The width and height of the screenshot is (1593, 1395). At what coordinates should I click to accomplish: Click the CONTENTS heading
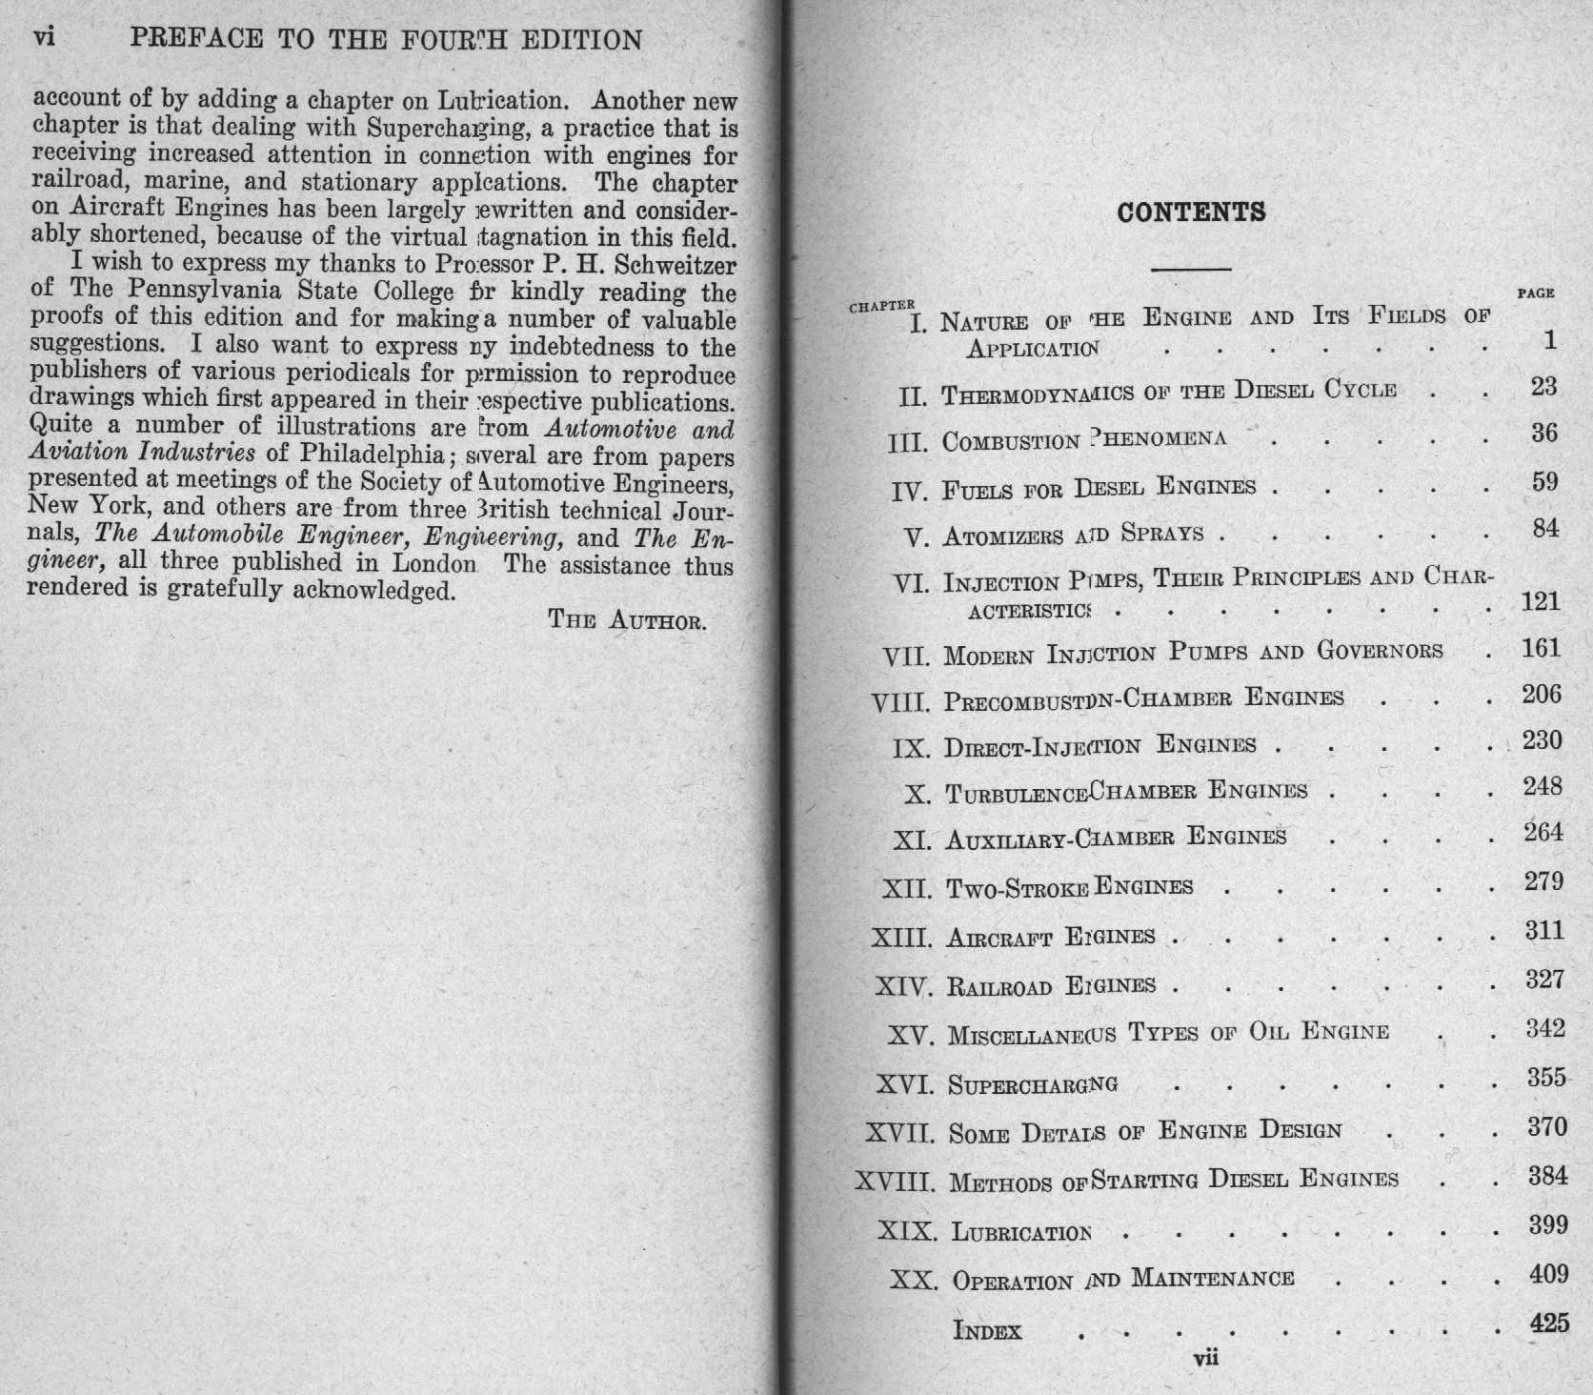tap(1191, 212)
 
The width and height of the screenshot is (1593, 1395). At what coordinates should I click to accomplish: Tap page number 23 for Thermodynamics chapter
tap(1543, 386)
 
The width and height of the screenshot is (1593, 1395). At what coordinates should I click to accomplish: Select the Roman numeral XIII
tap(901, 938)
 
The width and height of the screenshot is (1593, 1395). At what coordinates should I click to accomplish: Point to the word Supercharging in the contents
tap(1033, 1084)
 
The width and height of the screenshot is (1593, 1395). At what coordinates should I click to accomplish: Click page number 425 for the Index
tap(1548, 1323)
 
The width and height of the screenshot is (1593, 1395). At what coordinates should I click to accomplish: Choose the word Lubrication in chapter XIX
tap(1021, 1232)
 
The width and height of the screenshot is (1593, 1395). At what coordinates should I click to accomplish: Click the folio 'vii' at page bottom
tap(1205, 1358)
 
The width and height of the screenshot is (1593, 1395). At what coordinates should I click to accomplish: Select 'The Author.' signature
tap(627, 620)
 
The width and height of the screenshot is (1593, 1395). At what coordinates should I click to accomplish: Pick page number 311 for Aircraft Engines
tap(1543, 930)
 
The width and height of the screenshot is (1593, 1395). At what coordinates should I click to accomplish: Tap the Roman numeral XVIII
tap(893, 1183)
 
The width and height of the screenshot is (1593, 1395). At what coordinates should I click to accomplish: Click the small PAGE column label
tap(1535, 293)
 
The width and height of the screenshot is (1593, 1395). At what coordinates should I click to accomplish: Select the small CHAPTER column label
tap(881, 306)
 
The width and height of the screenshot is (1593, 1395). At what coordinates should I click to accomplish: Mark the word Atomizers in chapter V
tap(1002, 536)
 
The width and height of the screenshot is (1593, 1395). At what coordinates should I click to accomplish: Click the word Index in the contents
tap(987, 1330)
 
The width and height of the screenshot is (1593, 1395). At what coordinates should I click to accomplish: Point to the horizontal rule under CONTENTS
tap(1191, 270)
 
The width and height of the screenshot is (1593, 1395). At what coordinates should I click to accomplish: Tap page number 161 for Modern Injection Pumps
tap(1541, 649)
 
